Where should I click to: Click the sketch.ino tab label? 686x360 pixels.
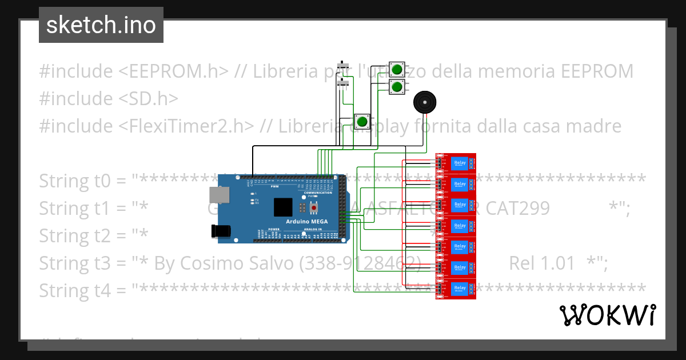tap(101, 25)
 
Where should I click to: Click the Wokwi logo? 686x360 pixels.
tap(608, 315)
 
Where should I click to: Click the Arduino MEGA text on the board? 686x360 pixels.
tap(306, 221)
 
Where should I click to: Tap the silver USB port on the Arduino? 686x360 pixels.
tap(217, 195)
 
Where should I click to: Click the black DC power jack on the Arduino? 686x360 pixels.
tap(221, 231)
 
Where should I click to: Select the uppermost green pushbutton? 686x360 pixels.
tap(397, 70)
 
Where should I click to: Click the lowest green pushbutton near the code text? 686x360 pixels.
tap(362, 122)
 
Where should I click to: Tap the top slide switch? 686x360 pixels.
tap(343, 66)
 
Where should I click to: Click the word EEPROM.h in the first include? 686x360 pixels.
tap(174, 71)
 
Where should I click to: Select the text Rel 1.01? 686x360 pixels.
tap(541, 263)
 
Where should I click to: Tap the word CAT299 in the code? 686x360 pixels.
tap(518, 209)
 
